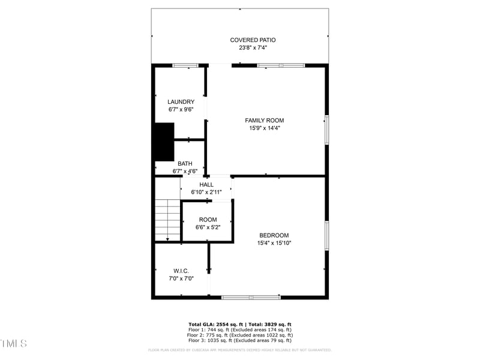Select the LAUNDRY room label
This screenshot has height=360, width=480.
click(x=181, y=102)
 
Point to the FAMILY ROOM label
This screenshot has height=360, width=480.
click(x=265, y=121)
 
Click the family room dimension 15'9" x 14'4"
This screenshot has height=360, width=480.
click(x=265, y=128)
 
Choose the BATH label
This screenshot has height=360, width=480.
click(x=185, y=164)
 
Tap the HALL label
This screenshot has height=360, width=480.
click(x=206, y=185)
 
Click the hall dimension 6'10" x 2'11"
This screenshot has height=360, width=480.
click(x=206, y=192)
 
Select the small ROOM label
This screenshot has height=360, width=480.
click(x=208, y=220)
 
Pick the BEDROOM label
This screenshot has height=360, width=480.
click(x=274, y=235)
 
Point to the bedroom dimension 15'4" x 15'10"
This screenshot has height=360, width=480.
click(x=274, y=243)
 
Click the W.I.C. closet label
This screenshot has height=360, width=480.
click(x=181, y=271)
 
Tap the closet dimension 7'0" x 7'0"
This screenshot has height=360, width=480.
click(x=181, y=279)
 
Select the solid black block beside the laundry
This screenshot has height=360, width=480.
click(x=164, y=142)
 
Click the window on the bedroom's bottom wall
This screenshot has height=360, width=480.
click(x=251, y=297)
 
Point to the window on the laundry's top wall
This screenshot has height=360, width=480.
click(x=185, y=65)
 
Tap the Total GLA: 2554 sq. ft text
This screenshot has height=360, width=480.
click(x=217, y=324)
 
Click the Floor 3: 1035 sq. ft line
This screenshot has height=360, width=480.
click(x=240, y=340)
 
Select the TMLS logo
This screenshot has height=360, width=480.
click(x=13, y=343)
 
